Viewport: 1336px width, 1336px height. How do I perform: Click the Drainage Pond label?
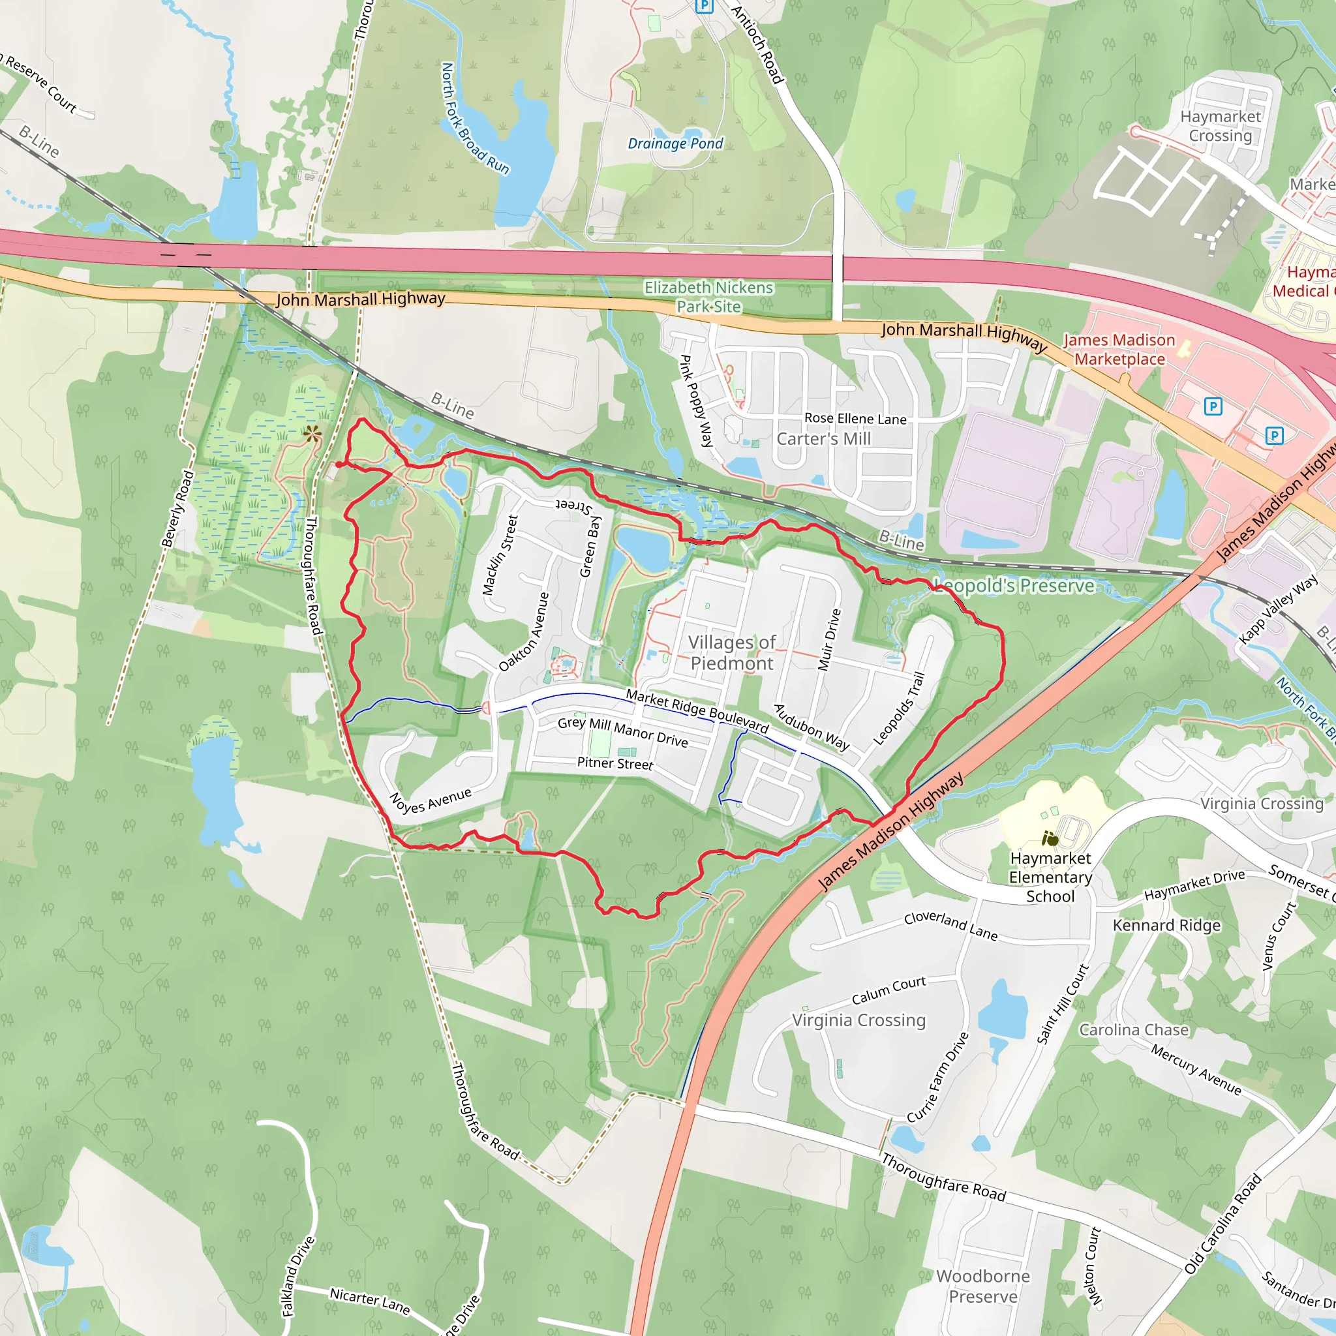point(675,144)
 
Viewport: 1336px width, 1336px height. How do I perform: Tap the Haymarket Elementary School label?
point(1050,877)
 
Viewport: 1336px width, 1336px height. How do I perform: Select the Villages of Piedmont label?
point(732,652)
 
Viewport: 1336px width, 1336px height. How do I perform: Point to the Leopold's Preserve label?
point(1014,586)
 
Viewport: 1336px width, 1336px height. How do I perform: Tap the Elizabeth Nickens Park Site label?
point(709,297)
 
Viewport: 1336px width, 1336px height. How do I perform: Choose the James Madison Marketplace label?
point(1119,349)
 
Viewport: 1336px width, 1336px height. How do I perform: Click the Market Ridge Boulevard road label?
point(697,710)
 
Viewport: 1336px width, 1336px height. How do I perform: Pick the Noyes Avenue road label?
point(430,802)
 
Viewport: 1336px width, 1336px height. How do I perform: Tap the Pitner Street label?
point(615,763)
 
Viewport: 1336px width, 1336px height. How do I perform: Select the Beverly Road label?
point(177,509)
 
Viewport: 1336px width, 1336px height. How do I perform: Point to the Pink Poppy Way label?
point(695,401)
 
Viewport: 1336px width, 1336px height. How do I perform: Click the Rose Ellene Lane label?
point(855,418)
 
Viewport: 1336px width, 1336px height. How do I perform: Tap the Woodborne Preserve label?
point(982,1286)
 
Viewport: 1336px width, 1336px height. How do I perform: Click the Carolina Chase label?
point(1133,1029)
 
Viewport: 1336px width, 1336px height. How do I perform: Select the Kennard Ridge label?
point(1166,925)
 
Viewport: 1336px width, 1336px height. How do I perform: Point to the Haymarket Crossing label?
point(1221,126)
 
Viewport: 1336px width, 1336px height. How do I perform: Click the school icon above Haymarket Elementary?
point(1050,839)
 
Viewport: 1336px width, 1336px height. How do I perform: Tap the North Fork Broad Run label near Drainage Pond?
point(475,118)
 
